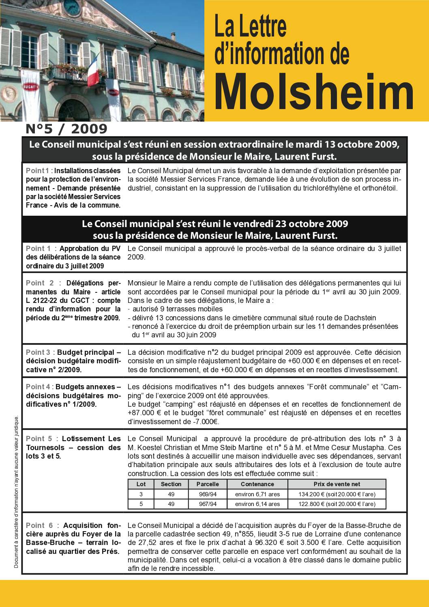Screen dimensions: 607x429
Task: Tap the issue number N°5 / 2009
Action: click(66, 129)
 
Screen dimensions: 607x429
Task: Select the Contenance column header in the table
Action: click(257, 484)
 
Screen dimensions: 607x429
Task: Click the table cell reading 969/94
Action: click(208, 494)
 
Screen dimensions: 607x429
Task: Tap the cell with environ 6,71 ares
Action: click(257, 494)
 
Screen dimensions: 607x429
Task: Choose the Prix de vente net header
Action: click(337, 484)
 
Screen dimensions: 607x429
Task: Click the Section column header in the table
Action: click(171, 484)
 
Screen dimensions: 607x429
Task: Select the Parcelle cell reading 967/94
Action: click(208, 504)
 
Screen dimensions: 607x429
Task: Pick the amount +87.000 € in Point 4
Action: click(145, 413)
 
